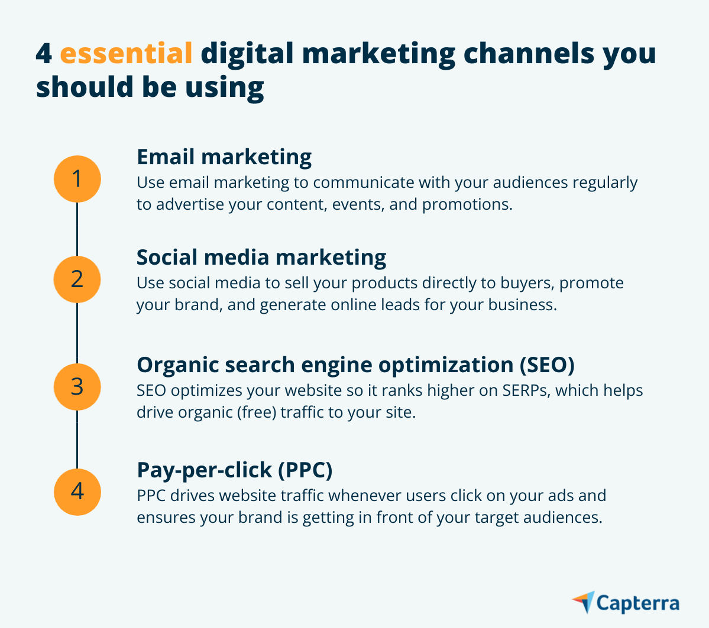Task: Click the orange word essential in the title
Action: click(126, 54)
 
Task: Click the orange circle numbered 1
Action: click(77, 178)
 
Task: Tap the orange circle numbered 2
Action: click(77, 279)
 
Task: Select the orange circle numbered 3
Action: click(77, 386)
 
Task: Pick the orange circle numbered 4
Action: click(77, 492)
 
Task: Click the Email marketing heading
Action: click(224, 157)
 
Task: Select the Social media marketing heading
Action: click(261, 258)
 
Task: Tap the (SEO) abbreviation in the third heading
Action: click(546, 365)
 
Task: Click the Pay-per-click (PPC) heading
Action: click(235, 470)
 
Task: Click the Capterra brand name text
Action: click(638, 603)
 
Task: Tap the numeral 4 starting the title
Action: click(44, 54)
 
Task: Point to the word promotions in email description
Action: click(466, 204)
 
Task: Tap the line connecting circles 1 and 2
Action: click(77, 229)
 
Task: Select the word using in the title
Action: click(225, 87)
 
